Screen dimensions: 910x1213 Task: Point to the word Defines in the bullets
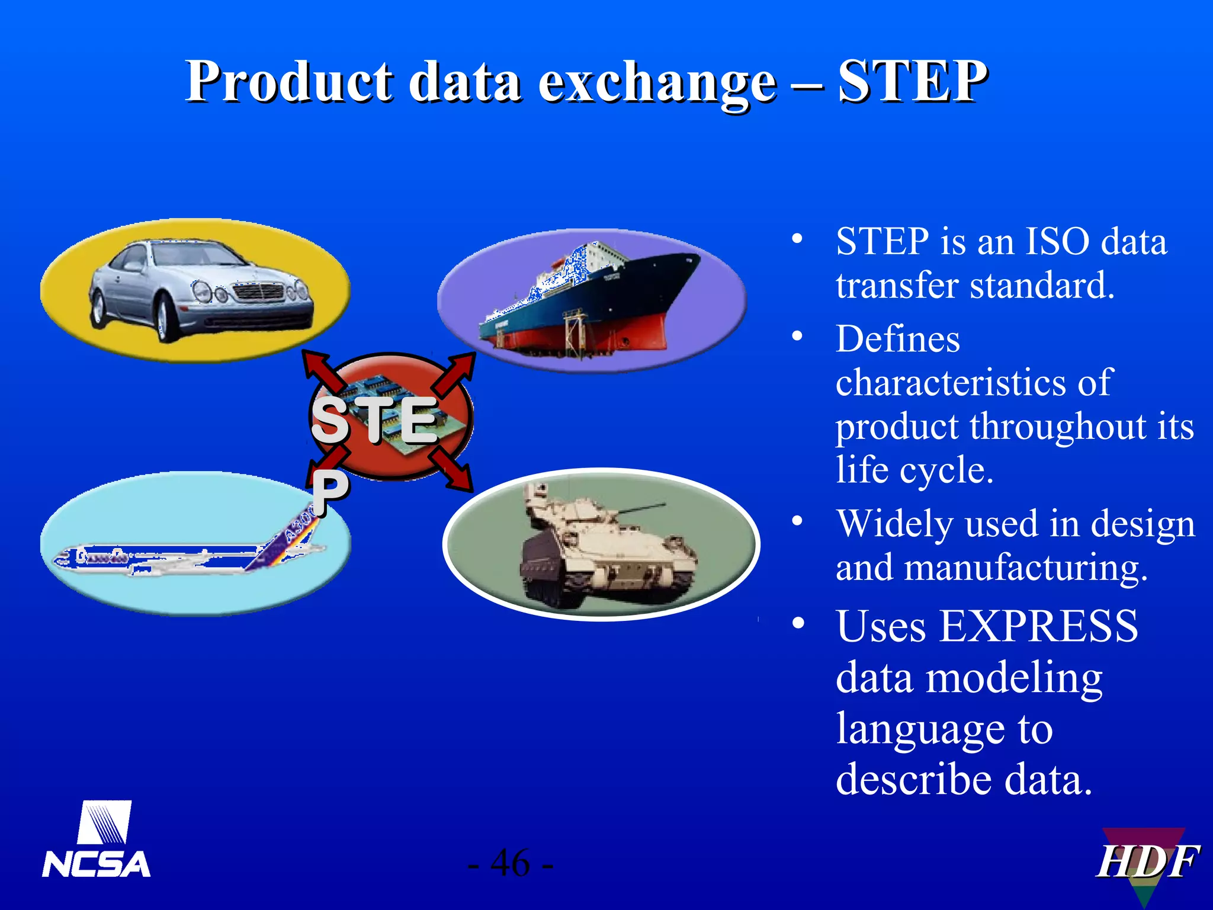pyautogui.click(x=897, y=339)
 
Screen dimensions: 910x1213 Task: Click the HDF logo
pyautogui.click(x=1146, y=862)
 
